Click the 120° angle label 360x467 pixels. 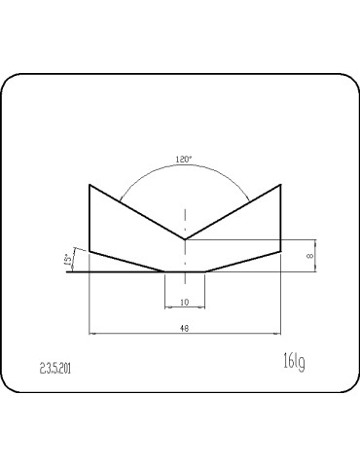184,160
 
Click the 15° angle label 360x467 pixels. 68,260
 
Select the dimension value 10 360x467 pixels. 184,303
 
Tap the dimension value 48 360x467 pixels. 184,329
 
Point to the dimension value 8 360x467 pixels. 310,256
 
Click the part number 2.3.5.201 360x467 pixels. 55,369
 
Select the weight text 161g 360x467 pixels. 294,362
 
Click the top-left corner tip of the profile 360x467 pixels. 90,185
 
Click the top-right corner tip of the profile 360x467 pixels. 280,185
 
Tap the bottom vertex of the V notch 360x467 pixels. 185,239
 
